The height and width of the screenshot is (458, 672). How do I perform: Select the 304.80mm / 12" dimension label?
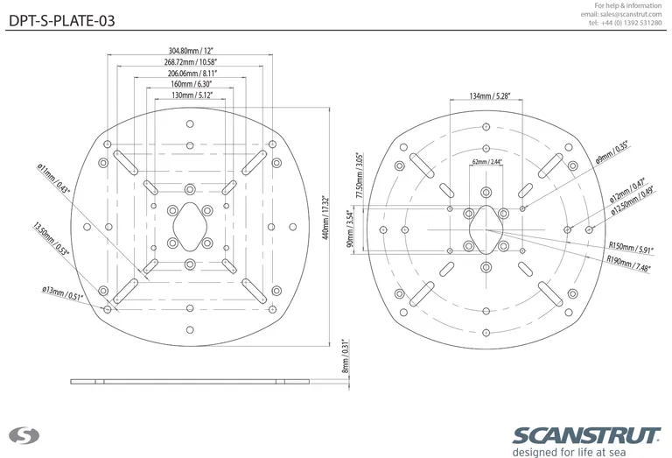point(191,51)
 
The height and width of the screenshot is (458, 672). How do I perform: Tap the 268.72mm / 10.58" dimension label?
point(191,63)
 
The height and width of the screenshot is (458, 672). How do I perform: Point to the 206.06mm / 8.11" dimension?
point(191,75)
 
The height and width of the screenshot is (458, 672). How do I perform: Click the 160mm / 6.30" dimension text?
point(191,86)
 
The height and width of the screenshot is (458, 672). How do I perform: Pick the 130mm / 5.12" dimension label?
point(191,95)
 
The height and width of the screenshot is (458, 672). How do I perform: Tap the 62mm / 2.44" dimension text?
point(487,162)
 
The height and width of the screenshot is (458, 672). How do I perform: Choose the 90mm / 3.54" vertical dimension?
point(350,229)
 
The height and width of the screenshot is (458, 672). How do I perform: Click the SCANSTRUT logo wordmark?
point(587,435)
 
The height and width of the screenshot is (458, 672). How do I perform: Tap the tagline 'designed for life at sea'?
point(586,452)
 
